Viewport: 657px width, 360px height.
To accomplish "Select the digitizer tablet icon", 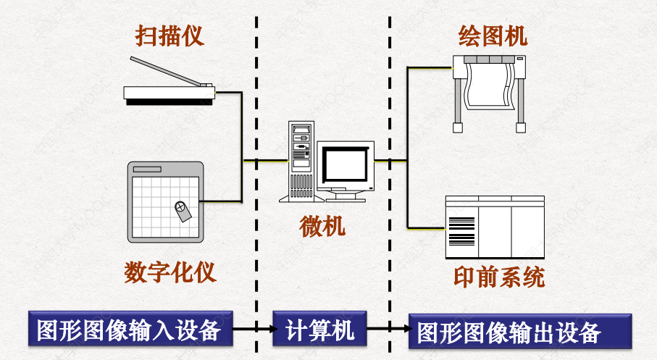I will coord(164,202).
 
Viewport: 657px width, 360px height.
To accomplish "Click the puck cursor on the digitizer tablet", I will coord(182,209).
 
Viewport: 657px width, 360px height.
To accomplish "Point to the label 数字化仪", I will coord(170,273).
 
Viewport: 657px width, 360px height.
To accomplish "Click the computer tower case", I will coord(299,161).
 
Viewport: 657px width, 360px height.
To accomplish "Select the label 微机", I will coord(322,227).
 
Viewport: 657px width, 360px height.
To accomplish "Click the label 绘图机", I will coord(492,36).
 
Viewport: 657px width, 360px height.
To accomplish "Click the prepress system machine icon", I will coord(494,227).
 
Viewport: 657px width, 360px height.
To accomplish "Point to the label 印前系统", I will coord(498,277).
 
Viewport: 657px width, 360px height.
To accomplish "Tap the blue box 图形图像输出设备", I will coord(519,332).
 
